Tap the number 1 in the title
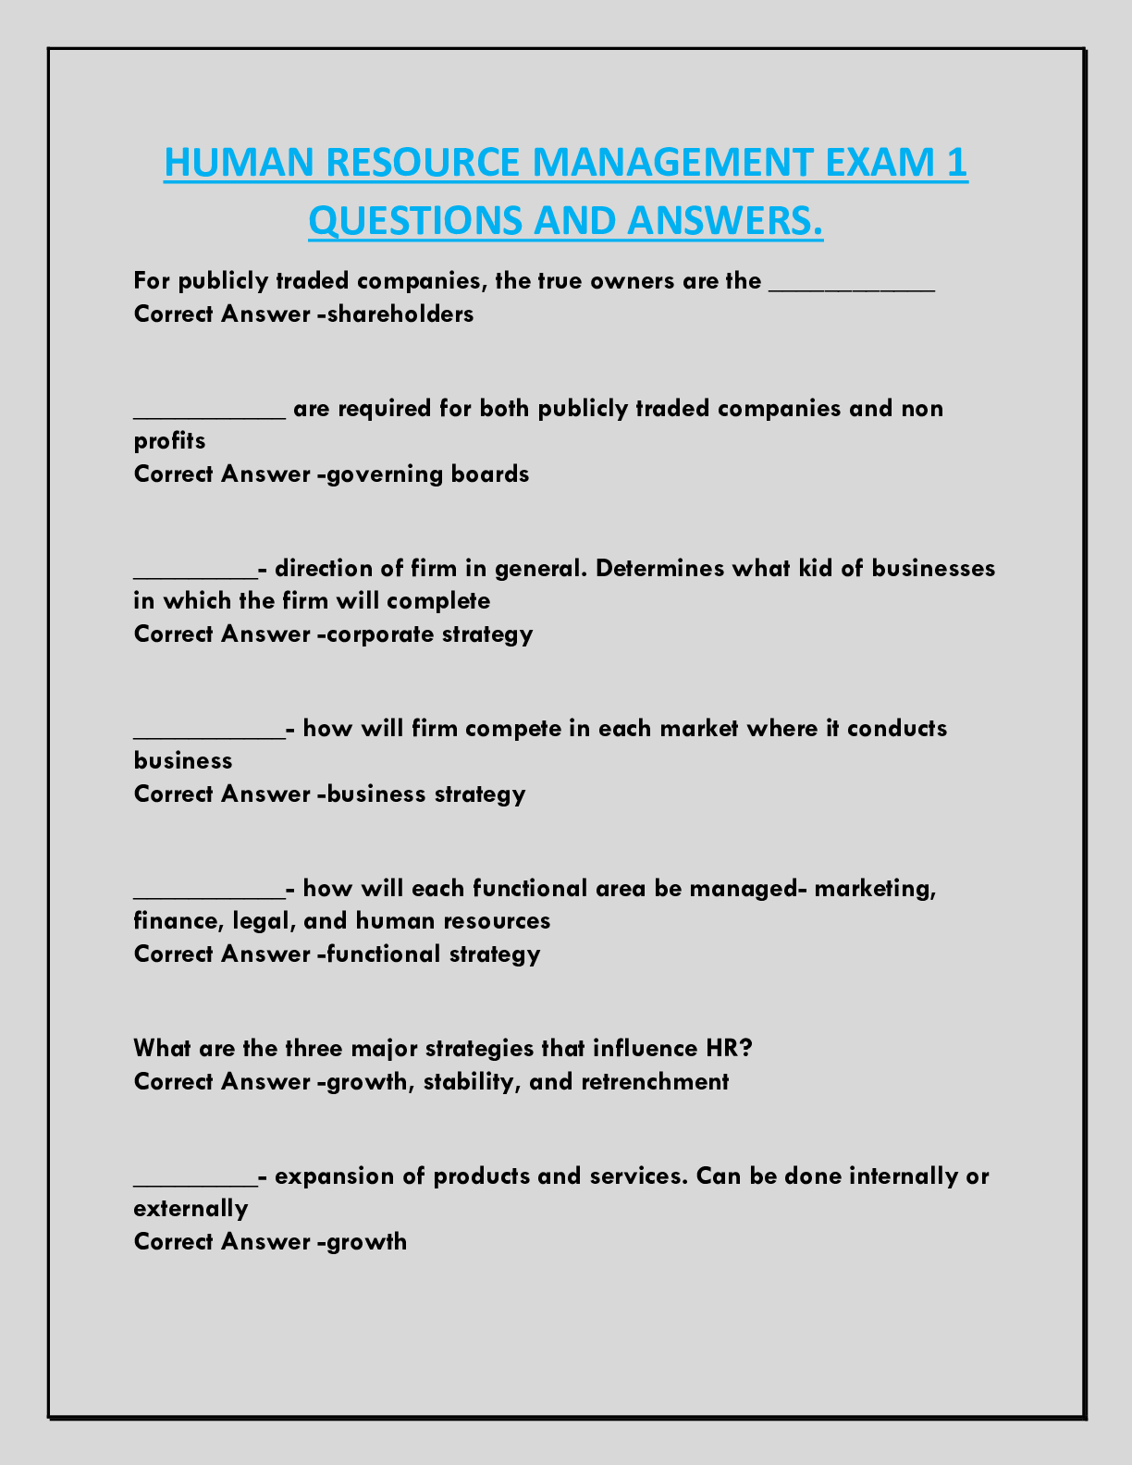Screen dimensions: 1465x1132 pyautogui.click(x=957, y=163)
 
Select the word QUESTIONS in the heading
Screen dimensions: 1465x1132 pyautogui.click(x=416, y=220)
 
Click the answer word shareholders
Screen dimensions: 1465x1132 pyautogui.click(x=400, y=314)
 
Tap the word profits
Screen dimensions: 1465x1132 pyautogui.click(x=169, y=441)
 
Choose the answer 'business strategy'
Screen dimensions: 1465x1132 pyautogui.click(x=426, y=794)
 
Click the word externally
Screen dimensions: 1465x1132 pyautogui.click(x=191, y=1209)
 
